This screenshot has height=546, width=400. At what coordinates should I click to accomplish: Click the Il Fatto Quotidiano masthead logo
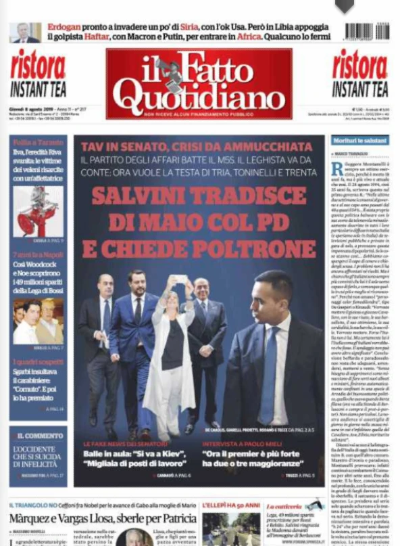[199, 83]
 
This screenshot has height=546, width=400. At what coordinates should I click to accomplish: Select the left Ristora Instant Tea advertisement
[38, 73]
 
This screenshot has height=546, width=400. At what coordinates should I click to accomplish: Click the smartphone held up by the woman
[181, 278]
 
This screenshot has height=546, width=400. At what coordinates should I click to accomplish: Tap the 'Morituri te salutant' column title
[359, 140]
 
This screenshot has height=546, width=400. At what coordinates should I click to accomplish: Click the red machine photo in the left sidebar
[38, 211]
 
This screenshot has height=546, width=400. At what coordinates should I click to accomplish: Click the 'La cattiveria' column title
[284, 506]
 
